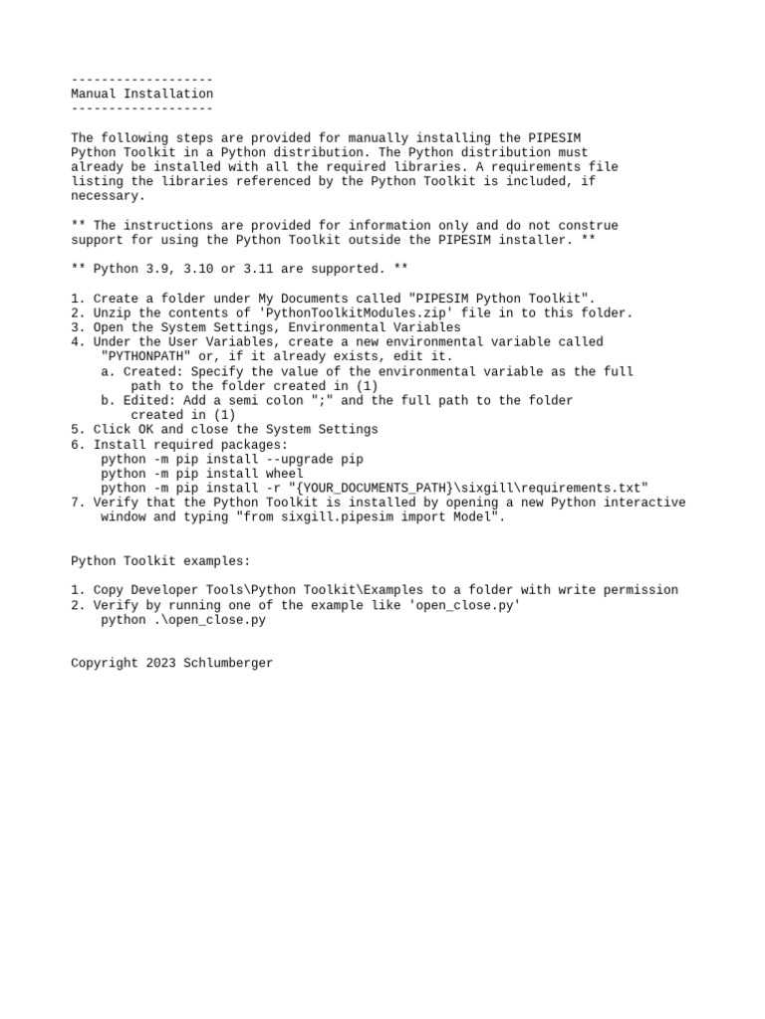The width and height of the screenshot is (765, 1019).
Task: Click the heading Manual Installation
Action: pos(141,94)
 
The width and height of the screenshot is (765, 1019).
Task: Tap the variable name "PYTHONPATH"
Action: pos(146,356)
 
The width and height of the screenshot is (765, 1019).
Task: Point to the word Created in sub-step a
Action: pos(149,371)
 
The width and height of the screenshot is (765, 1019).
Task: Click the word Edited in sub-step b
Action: pos(145,400)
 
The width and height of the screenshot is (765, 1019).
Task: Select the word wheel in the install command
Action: pos(285,474)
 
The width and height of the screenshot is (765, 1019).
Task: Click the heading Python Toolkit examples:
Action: pos(160,561)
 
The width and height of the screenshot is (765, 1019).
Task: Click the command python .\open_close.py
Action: pos(183,620)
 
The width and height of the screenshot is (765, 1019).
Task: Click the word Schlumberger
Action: pos(228,663)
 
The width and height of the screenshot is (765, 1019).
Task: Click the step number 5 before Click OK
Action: pos(75,430)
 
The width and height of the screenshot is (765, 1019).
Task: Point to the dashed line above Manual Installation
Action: pos(141,80)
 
